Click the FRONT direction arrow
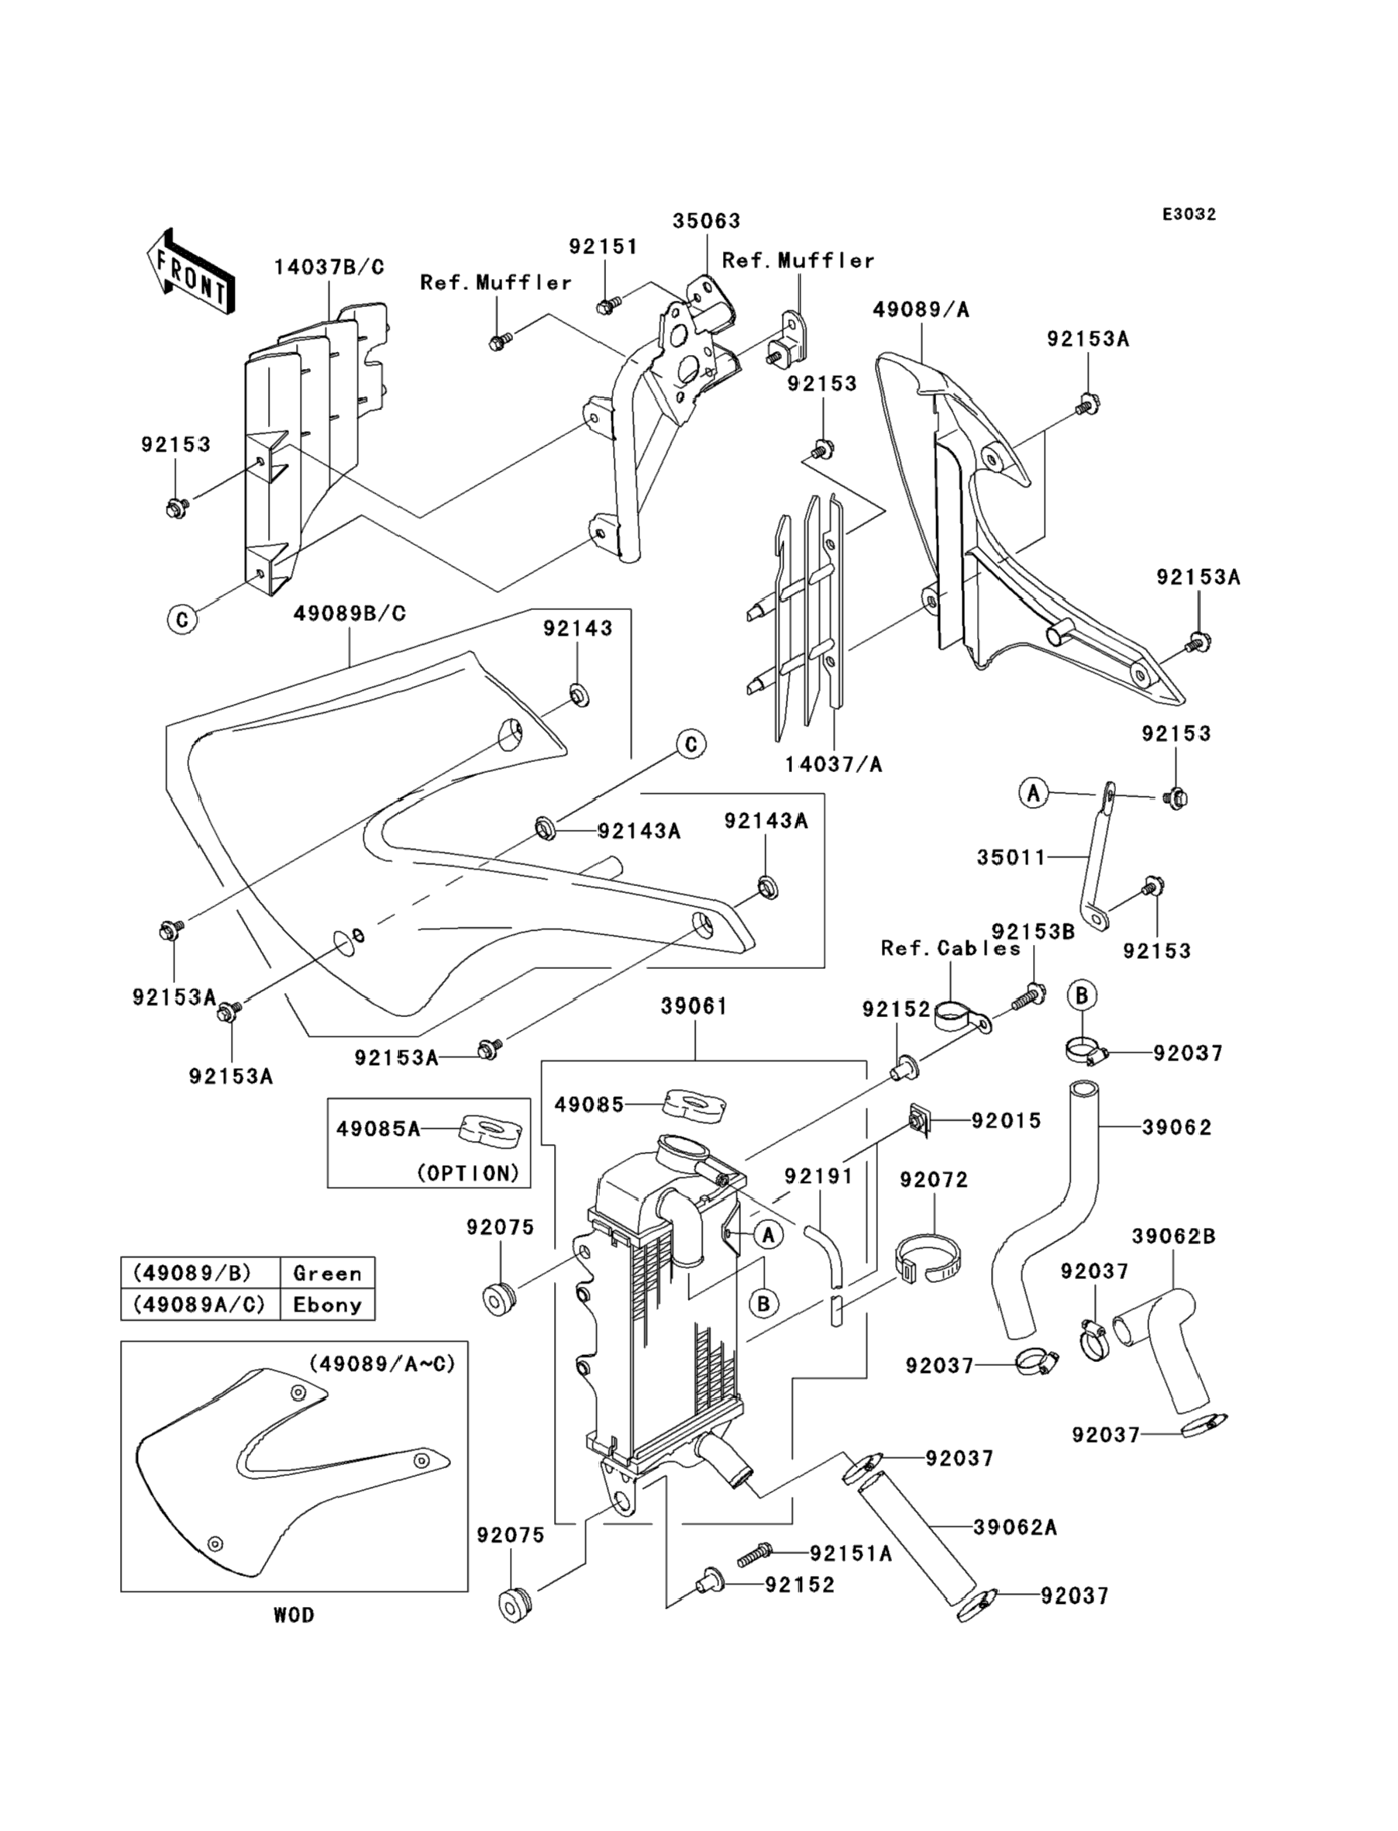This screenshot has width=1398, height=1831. (x=191, y=272)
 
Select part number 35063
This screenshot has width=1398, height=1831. (x=707, y=222)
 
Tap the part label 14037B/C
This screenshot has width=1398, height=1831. (x=329, y=268)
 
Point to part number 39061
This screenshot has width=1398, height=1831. (x=694, y=1006)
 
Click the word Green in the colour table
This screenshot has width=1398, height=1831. (x=327, y=1274)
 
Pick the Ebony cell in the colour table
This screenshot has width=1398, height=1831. (x=327, y=1305)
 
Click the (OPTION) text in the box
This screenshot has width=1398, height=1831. (x=467, y=1173)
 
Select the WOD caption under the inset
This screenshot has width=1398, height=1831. (x=294, y=1615)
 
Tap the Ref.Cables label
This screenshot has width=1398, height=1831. (x=950, y=948)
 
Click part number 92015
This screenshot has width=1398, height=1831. (x=1006, y=1120)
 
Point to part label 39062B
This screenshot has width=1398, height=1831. (x=1173, y=1236)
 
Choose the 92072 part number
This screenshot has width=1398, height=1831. (x=934, y=1179)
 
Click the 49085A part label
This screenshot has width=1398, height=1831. (x=378, y=1129)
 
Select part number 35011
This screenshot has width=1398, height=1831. (x=1011, y=857)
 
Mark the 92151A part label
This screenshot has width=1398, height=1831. (x=850, y=1553)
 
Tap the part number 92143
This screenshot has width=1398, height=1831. (x=577, y=629)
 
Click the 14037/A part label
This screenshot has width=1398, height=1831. (x=833, y=764)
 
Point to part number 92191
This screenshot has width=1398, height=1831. (x=818, y=1176)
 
